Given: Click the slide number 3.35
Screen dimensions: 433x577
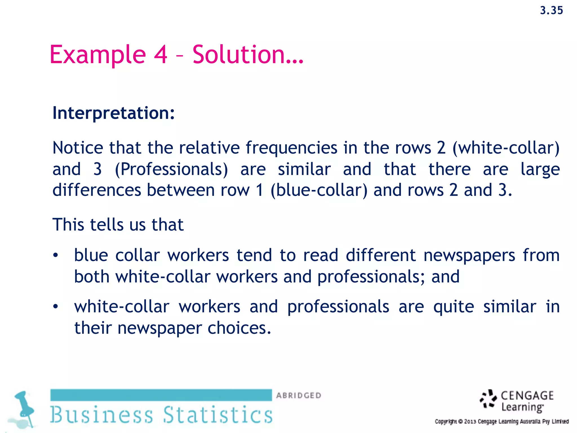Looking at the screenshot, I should pos(551,10).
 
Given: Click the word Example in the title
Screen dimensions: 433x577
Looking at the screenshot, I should pos(97,55).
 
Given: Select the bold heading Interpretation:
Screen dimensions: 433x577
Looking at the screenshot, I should pos(114,113).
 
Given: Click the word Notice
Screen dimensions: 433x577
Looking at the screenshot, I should pos(78,148).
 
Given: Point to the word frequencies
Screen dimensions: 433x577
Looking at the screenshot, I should pos(291,148).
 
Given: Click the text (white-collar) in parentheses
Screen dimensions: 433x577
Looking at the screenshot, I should pos(506,148).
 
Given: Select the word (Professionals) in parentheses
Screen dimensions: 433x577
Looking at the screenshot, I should pos(171,169).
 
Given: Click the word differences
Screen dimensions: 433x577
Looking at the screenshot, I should pos(97,190).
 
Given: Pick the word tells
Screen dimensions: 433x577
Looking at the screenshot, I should pos(107,225).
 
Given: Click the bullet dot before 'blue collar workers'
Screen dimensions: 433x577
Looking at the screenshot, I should pos(56,255).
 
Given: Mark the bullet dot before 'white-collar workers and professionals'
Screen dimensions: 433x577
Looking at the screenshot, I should pos(56,307).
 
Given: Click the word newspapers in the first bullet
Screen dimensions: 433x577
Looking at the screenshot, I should pos(469,255).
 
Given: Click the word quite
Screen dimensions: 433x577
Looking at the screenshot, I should pos(454,307).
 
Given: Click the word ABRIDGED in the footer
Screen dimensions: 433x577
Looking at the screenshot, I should pos(299,396).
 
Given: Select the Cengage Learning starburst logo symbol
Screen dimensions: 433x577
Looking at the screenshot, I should pos(489,399).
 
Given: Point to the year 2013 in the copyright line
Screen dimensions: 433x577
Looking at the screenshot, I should pos(470,422).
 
